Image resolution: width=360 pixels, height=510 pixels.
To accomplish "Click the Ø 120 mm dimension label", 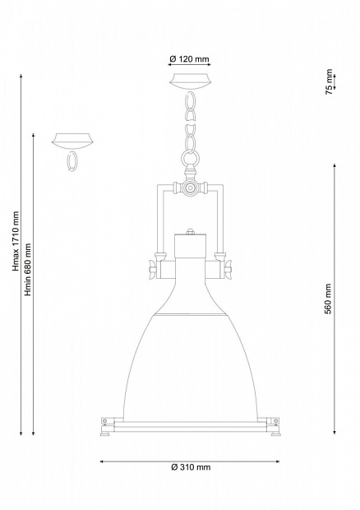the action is point(189,59).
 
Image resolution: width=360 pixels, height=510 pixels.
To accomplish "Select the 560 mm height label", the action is point(329,299).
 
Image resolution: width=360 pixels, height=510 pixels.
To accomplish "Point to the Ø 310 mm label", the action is point(191,467).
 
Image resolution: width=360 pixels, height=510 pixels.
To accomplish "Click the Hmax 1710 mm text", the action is point(16,241).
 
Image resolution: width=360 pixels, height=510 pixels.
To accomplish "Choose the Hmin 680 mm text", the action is point(28,270).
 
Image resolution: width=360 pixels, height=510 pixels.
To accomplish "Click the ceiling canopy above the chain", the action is point(190,81).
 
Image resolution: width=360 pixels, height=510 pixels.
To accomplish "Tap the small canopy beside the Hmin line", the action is point(73,141).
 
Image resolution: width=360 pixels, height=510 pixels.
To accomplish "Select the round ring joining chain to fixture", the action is point(189,159).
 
